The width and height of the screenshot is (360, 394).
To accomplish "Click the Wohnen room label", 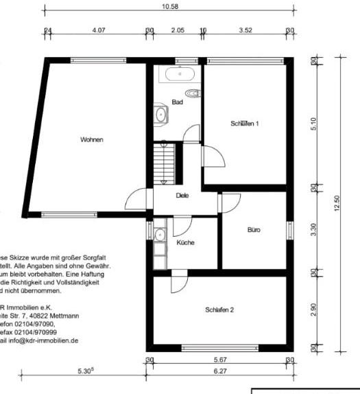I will pos(91,140).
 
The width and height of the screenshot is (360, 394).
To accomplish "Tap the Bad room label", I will pos(177,102).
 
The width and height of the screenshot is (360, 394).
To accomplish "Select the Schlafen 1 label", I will pos(244,124).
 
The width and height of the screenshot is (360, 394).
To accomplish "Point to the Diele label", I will pos(182,196).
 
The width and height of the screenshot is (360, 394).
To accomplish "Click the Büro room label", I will pos(254,230).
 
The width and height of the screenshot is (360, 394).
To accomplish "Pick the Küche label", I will pos(185,243).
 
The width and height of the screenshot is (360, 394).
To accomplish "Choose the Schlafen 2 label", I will pos(219,310).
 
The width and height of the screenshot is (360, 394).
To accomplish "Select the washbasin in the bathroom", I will pos(160,115).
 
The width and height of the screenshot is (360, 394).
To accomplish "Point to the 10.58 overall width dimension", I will pos(168,6).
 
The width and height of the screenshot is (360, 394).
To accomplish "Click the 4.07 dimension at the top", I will pos(98,30).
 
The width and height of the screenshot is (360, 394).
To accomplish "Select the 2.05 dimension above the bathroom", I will pos(177,30).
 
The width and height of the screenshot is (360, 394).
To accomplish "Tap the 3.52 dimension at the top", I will pos(246,30).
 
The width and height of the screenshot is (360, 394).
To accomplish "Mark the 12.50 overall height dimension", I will pos(336,204).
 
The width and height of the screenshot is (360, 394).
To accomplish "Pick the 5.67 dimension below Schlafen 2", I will pos(220,360).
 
